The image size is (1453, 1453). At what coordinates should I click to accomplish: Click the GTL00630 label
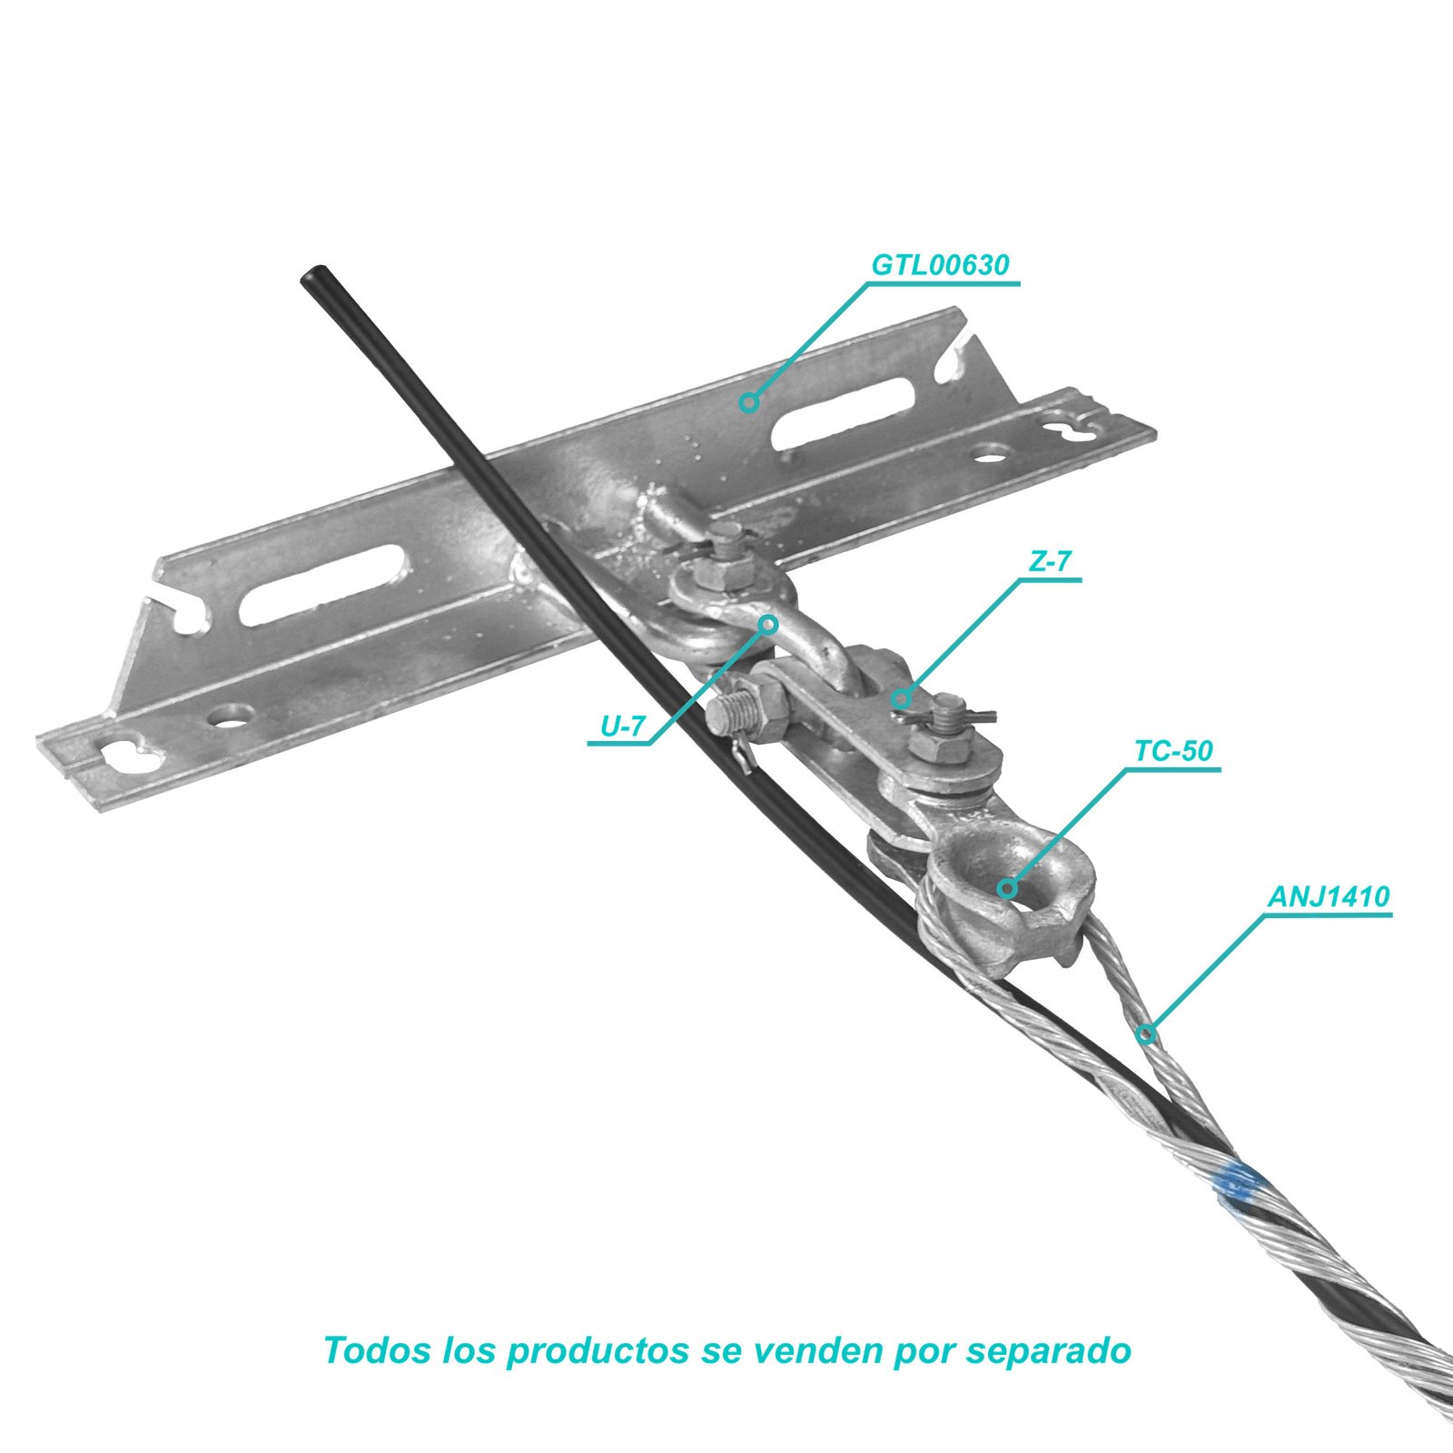(x=940, y=264)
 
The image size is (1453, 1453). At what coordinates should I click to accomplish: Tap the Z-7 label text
(x=1050, y=562)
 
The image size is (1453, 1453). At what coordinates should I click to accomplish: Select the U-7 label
(x=623, y=726)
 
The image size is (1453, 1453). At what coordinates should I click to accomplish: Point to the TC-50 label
(x=1173, y=751)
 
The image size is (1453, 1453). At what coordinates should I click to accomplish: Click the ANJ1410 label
(x=1329, y=896)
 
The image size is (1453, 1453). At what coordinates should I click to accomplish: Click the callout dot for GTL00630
(x=748, y=401)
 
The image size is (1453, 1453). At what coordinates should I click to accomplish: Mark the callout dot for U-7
(x=768, y=624)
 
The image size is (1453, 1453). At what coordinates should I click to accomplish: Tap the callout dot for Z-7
(x=899, y=697)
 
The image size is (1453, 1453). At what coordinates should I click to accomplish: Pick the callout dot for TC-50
(x=1007, y=888)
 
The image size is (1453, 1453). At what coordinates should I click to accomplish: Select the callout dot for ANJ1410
(x=1146, y=1033)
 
